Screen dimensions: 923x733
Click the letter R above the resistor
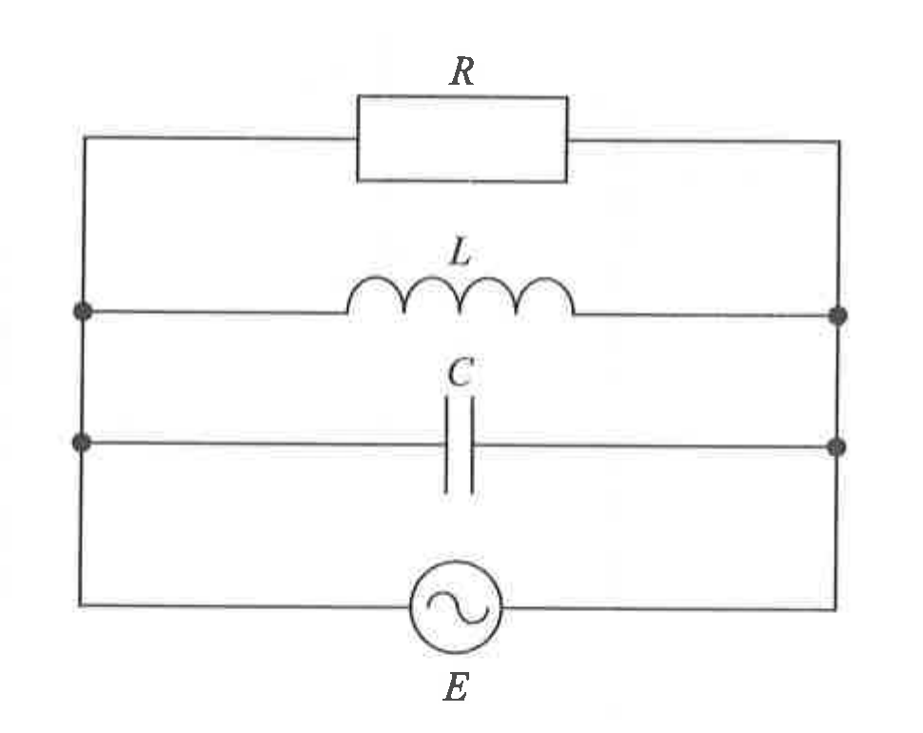tap(462, 71)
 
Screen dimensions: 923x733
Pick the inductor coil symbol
tap(461, 279)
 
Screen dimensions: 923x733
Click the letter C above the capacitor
tap(460, 373)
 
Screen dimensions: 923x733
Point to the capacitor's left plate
tap(446, 446)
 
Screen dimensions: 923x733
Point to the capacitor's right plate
tap(473, 446)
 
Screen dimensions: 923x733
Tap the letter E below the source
tap(456, 687)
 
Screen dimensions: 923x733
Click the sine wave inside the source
tap(458, 607)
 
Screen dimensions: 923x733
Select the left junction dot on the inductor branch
tap(83, 311)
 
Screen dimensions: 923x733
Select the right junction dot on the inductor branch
tap(837, 316)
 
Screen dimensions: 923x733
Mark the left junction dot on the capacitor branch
tap(81, 442)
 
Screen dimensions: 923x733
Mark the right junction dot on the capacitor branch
tap(836, 447)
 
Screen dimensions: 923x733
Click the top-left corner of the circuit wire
tap(85, 137)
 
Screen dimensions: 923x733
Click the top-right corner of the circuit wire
tap(839, 141)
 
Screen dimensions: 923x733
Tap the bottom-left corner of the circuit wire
tap(80, 604)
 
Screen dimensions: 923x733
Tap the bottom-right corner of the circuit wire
tap(835, 609)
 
